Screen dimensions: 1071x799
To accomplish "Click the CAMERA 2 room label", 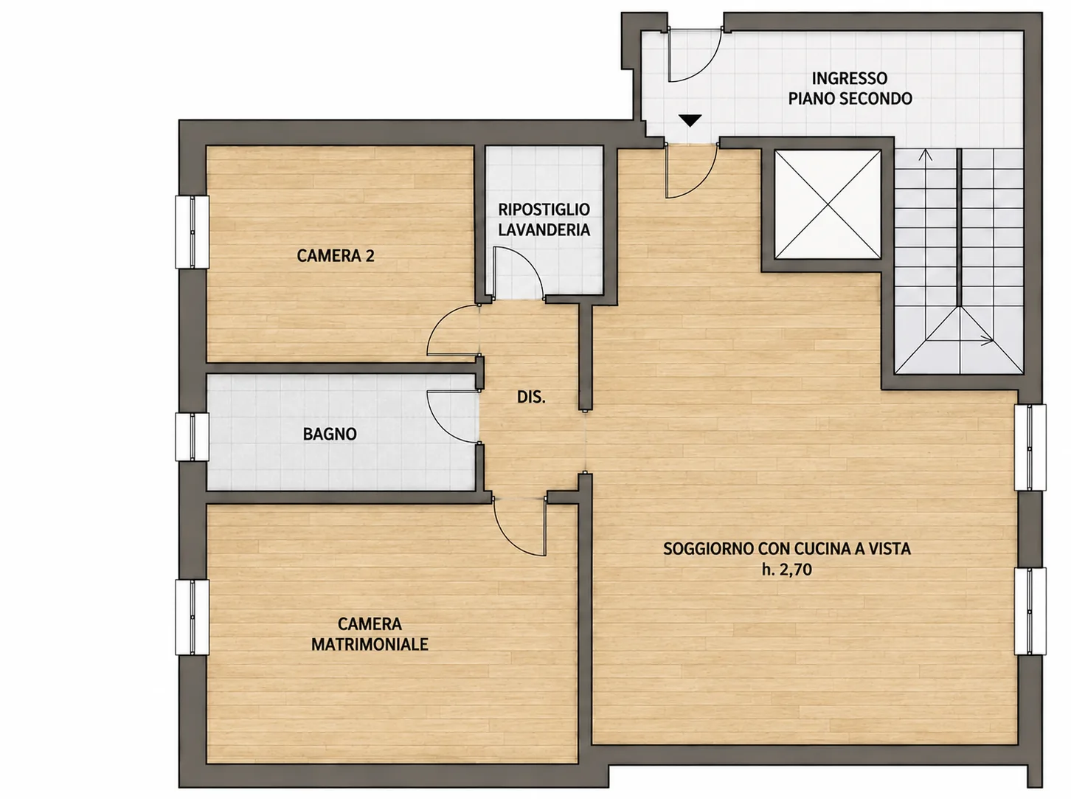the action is (336, 256).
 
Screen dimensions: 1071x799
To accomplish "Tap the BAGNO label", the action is (330, 434).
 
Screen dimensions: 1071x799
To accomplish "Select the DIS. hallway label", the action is (531, 398).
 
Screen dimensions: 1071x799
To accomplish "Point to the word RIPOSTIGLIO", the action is (544, 210).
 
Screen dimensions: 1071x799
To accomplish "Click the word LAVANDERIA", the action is (544, 230).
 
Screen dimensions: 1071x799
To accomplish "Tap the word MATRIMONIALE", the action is (370, 644).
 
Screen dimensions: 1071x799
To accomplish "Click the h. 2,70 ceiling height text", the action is (787, 570).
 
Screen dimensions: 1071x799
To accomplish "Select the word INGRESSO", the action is (850, 78).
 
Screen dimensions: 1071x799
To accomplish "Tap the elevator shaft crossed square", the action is (828, 204).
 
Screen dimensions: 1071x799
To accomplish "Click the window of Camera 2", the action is (193, 232).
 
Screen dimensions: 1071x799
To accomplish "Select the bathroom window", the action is (193, 437).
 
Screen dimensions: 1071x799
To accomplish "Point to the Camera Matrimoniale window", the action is (193, 618).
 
